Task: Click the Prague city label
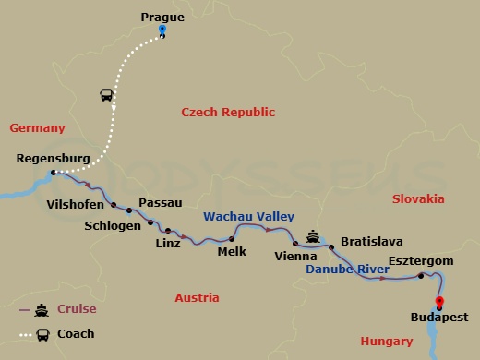162,16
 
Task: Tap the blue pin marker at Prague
162,30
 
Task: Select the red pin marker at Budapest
438,302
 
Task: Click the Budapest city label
438,317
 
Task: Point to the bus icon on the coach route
107,95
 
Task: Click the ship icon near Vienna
312,236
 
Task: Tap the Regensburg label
54,159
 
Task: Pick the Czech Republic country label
228,112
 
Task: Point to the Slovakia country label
418,198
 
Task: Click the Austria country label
197,298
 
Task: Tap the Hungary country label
386,342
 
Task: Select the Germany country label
37,128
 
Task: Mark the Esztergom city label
421,261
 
